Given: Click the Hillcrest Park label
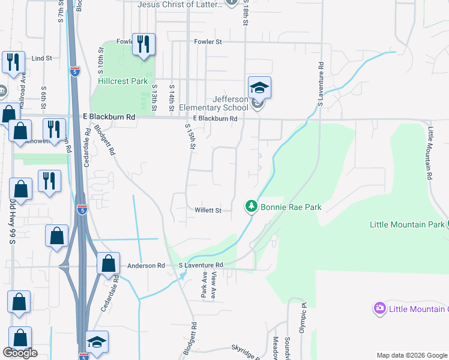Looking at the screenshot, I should [x=122, y=81].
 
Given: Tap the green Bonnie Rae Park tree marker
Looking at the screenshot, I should [x=252, y=206].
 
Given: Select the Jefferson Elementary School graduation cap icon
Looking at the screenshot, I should [x=259, y=89].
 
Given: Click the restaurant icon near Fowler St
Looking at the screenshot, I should [x=143, y=44].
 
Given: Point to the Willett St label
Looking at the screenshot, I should [x=208, y=211].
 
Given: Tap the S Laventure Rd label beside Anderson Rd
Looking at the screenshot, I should [x=201, y=265].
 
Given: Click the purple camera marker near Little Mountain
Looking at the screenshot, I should [x=379, y=308].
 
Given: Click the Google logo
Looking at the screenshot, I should [x=19, y=353].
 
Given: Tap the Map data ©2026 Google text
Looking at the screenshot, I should [x=411, y=355].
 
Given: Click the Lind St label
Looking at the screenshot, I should [x=42, y=59].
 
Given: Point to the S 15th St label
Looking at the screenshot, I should [x=190, y=139].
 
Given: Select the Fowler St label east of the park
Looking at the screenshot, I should [x=208, y=42].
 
